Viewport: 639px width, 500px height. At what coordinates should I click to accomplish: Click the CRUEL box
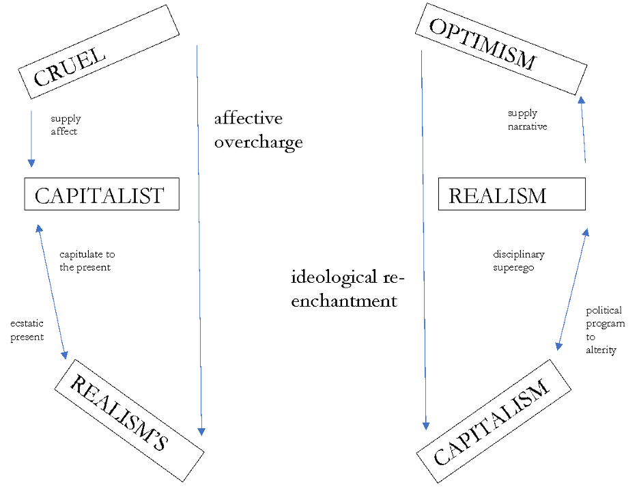pyautogui.click(x=98, y=52)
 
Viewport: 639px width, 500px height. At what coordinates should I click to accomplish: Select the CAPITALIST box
pyautogui.click(x=101, y=195)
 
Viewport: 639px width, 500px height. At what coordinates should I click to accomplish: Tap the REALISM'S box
pyautogui.click(x=129, y=421)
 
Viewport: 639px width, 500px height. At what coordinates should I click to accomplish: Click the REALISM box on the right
pyautogui.click(x=511, y=195)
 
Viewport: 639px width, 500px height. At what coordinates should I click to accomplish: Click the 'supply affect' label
pyautogui.click(x=65, y=125)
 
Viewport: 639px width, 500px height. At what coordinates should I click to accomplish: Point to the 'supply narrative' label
pyautogui.click(x=527, y=120)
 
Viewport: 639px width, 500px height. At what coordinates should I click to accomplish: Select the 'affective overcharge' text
pyautogui.click(x=258, y=130)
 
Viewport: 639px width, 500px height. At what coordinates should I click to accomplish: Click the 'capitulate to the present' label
pyautogui.click(x=85, y=261)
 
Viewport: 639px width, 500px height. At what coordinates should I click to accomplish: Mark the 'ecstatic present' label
pyautogui.click(x=27, y=330)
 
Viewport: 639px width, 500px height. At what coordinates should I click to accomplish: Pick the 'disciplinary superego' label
pyautogui.click(x=519, y=261)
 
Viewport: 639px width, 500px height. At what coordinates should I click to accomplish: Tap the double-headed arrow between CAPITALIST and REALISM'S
pyautogui.click(x=51, y=291)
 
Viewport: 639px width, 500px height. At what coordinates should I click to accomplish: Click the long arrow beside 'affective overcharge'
pyautogui.click(x=199, y=239)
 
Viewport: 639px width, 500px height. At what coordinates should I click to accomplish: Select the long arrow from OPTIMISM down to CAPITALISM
pyautogui.click(x=423, y=239)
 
